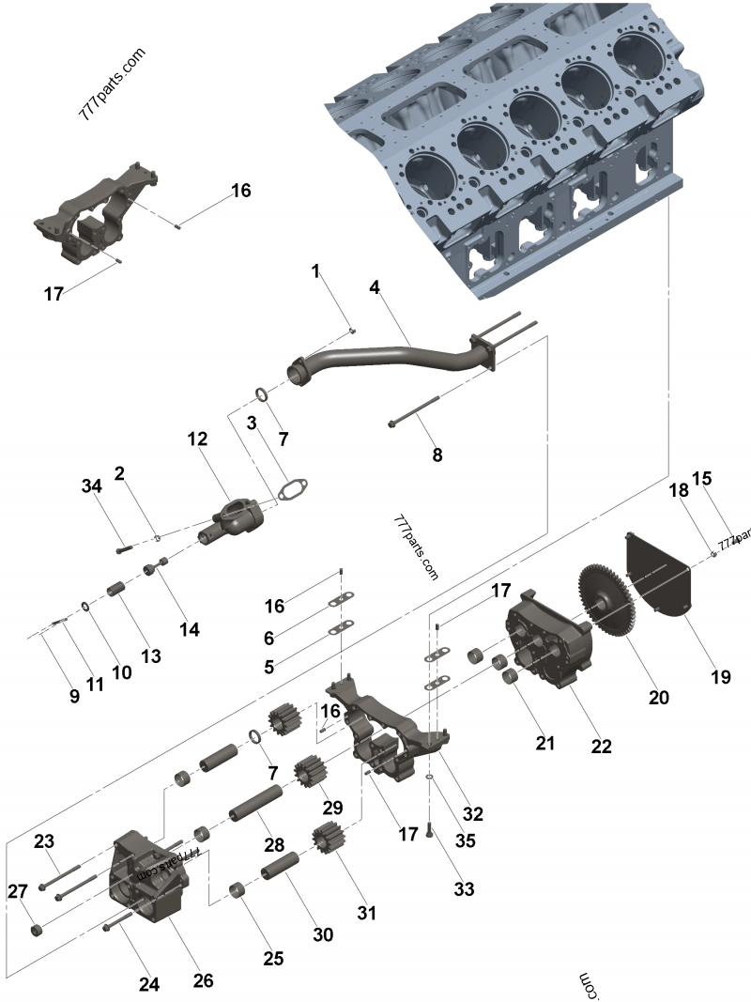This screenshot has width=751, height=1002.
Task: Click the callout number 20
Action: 659,698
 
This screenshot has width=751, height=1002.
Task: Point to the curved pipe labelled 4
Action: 394,358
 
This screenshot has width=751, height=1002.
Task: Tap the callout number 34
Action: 90,486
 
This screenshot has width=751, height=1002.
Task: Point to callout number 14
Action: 190,629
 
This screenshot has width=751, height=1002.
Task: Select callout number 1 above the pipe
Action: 316,270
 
